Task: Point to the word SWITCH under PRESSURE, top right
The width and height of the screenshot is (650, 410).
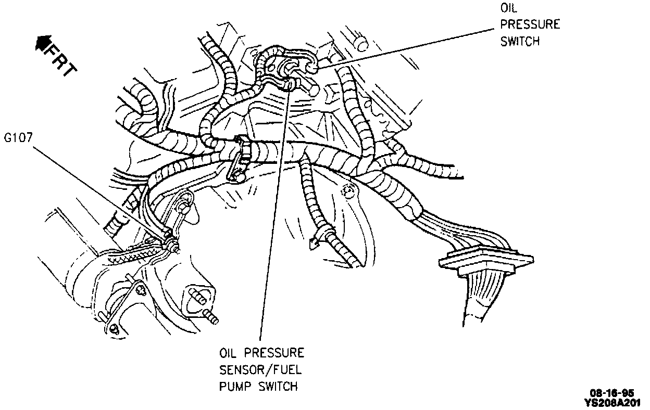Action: point(520,41)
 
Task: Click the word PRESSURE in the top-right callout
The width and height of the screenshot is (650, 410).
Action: point(530,25)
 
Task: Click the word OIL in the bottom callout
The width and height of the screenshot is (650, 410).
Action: point(228,353)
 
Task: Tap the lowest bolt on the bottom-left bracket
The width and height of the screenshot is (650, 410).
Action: point(115,329)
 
